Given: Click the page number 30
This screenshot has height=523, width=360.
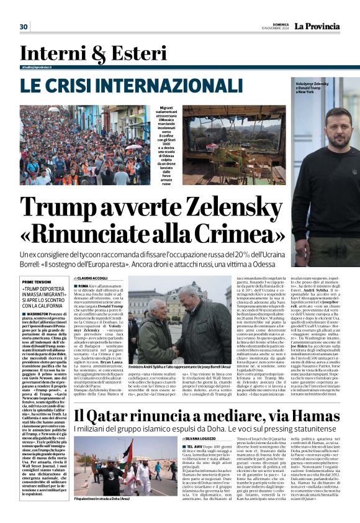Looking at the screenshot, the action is [x=24, y=27].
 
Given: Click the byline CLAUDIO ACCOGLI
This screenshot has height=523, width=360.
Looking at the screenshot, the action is [x=91, y=278].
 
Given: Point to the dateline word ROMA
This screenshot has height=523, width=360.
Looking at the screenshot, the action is [x=83, y=284].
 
